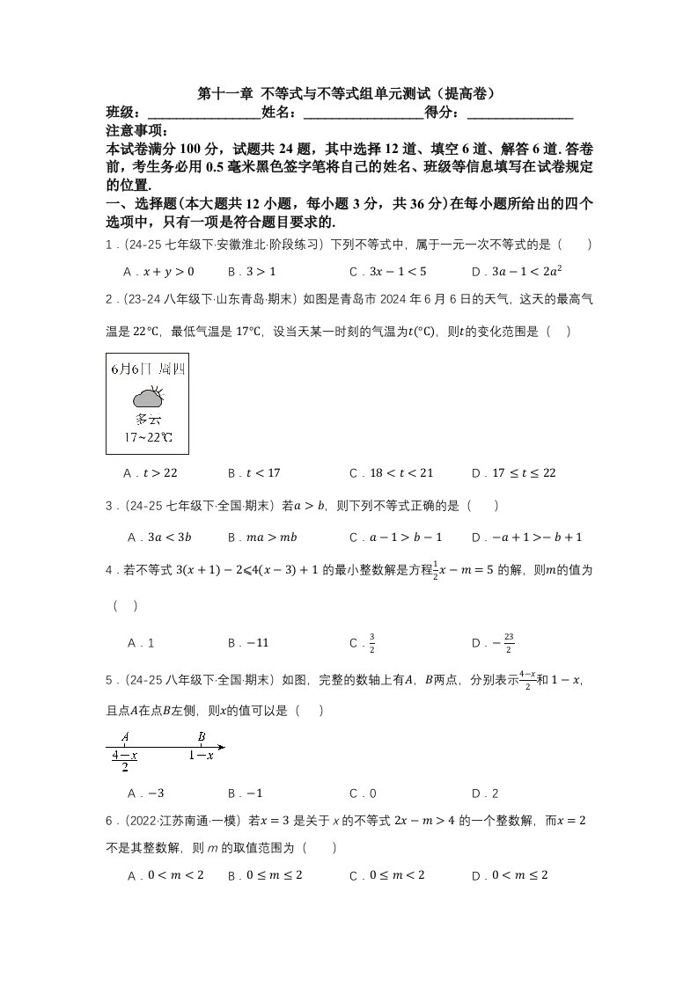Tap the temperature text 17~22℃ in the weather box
(x=147, y=437)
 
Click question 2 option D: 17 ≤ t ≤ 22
(x=514, y=473)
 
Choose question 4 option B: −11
(x=248, y=643)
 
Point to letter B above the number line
(x=202, y=737)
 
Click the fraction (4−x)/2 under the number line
(x=125, y=761)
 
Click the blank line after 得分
(x=520, y=113)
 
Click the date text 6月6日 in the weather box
(x=129, y=369)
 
